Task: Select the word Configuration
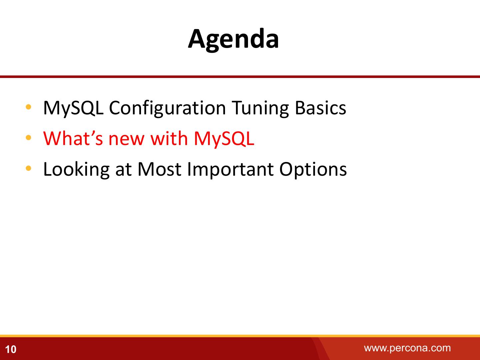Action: (x=167, y=108)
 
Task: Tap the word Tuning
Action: (x=260, y=108)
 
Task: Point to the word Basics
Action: (x=321, y=108)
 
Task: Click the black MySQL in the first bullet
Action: (x=73, y=108)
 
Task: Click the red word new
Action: (x=126, y=140)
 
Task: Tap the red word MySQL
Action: (x=224, y=139)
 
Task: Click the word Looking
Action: (x=76, y=169)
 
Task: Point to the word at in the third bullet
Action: (x=123, y=170)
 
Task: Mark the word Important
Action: (x=230, y=169)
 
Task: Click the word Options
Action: (x=313, y=169)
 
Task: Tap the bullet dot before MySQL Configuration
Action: (x=28, y=107)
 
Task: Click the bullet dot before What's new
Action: (x=28, y=137)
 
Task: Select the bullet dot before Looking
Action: (x=28, y=168)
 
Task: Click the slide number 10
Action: (x=11, y=349)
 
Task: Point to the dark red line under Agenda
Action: (x=240, y=77)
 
